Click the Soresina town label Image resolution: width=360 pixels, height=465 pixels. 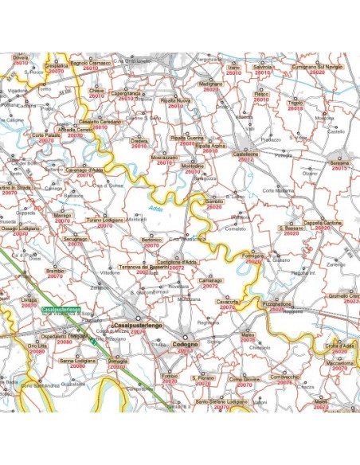click(340, 162)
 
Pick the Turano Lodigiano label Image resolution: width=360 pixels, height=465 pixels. click(105, 220)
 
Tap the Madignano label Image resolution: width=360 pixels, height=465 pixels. click(210, 84)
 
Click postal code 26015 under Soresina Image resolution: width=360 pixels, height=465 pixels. click(341, 169)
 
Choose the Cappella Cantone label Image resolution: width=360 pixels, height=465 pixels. click(323, 222)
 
